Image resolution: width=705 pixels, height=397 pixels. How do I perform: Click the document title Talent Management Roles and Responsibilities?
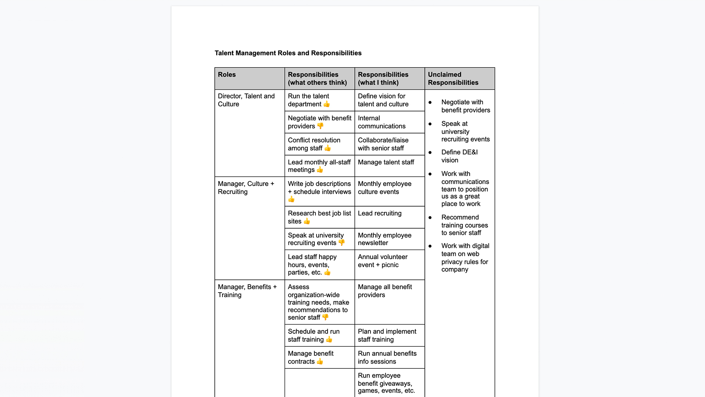pyautogui.click(x=288, y=53)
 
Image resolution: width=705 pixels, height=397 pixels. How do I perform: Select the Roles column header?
pyautogui.click(x=227, y=75)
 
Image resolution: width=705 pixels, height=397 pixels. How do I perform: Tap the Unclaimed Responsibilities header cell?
pyautogui.click(x=453, y=78)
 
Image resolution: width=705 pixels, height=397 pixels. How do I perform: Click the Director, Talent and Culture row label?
pyautogui.click(x=246, y=100)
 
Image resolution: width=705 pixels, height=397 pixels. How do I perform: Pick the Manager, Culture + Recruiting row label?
pyautogui.click(x=246, y=187)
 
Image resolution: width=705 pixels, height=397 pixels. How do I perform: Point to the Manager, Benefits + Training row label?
pyautogui.click(x=247, y=291)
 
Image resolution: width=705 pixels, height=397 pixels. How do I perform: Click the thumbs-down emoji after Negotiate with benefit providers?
pyautogui.click(x=320, y=126)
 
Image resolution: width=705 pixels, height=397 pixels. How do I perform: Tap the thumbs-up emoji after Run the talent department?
pyautogui.click(x=326, y=104)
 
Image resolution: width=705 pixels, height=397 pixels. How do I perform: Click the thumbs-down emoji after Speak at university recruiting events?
pyautogui.click(x=341, y=243)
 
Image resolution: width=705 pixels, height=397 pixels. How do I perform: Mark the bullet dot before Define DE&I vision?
pyautogui.click(x=430, y=153)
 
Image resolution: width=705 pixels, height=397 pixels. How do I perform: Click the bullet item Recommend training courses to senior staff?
pyautogui.click(x=464, y=225)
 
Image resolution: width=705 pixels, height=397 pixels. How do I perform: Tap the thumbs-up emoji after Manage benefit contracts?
pyautogui.click(x=320, y=361)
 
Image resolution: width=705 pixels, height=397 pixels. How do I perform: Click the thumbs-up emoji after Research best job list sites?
pyautogui.click(x=307, y=221)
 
